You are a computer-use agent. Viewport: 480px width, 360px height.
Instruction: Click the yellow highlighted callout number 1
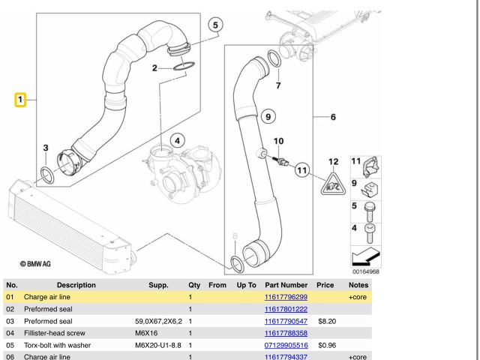coord(21,98)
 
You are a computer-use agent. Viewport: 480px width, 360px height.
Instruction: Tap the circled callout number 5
coord(215,25)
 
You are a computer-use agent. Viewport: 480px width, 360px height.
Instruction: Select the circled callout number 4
coord(177,140)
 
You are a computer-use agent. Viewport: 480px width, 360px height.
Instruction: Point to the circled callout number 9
coord(267,115)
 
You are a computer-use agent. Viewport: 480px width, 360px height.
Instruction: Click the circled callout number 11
coord(302,170)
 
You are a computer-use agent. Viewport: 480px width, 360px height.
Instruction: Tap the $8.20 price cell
coord(325,322)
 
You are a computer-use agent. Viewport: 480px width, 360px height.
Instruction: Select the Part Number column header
coord(286,285)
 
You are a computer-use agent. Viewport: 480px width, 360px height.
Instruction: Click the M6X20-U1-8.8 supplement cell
coord(160,346)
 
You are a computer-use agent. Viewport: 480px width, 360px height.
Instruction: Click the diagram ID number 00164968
coord(366,272)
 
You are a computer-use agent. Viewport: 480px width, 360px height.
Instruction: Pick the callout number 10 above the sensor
coord(278,141)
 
